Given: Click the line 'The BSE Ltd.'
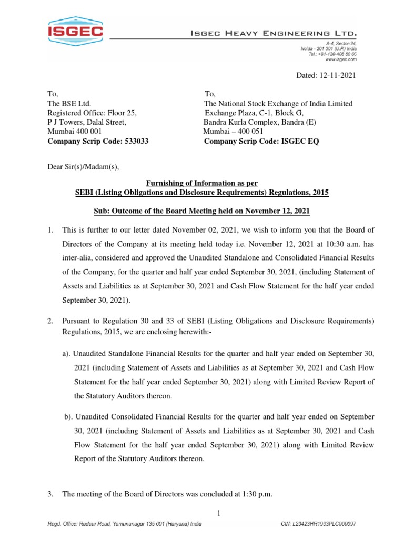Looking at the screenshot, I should (x=69, y=104).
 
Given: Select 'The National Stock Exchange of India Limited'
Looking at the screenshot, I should (x=278, y=104).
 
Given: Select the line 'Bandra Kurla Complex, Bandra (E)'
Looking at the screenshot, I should (x=261, y=123).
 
